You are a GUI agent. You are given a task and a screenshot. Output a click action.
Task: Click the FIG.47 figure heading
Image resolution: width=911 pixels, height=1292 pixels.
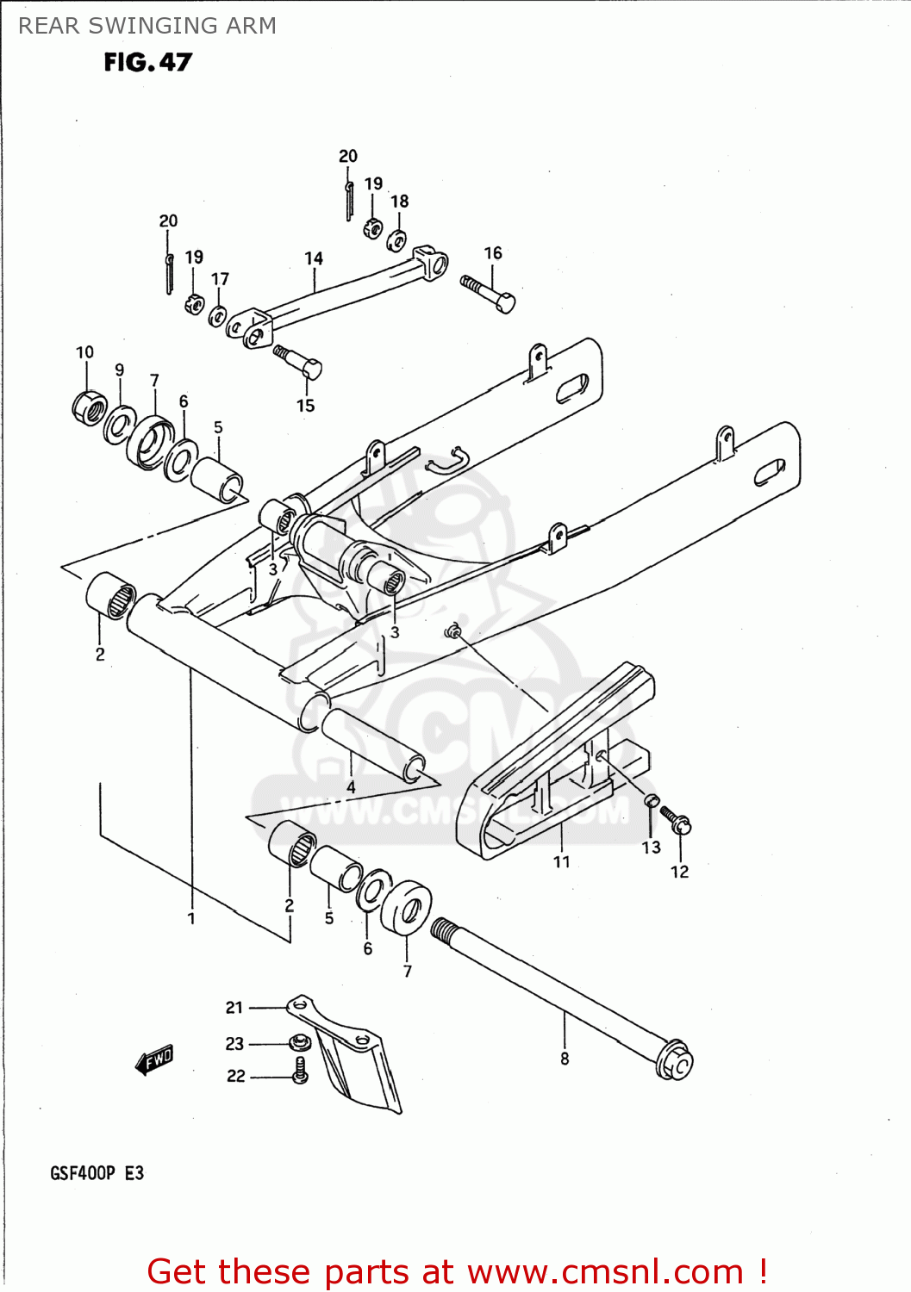pos(147,62)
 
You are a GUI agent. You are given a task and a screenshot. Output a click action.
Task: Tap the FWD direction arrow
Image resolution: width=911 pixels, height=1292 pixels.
pos(155,1059)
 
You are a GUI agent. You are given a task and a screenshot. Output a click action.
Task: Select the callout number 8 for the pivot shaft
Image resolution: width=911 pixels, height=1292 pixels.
pos(565,1059)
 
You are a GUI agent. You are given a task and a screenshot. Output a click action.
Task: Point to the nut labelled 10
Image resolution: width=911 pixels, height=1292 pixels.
pos(89,407)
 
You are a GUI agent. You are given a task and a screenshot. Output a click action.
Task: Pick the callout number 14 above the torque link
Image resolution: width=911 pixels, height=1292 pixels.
pos(314,258)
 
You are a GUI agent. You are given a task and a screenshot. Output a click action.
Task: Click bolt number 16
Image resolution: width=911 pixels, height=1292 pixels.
pos(489,293)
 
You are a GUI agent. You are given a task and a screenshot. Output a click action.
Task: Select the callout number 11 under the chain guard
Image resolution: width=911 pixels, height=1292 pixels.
pos(561,861)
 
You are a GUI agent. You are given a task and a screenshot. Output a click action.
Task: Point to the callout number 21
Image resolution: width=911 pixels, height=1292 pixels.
pos(234,1007)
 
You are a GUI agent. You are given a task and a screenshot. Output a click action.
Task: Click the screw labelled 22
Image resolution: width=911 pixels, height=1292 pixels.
pos(300,1071)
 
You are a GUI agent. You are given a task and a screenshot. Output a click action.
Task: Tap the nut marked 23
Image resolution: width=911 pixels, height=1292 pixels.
pos(299,1043)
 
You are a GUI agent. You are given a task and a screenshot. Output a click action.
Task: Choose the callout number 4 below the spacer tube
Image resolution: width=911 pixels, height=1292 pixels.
pos(351,787)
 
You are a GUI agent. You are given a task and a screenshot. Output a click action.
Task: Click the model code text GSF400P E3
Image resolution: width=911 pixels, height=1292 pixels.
pos(97,1173)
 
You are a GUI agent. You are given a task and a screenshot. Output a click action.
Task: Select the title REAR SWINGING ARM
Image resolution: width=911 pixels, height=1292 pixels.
pos(147,26)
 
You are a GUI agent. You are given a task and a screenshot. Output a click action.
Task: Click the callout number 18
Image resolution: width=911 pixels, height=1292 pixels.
pos(400,202)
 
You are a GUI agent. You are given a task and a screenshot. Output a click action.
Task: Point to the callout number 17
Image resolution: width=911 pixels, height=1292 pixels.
pos(221,279)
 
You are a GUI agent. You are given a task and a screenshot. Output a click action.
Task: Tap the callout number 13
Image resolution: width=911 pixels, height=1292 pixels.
pos(651,848)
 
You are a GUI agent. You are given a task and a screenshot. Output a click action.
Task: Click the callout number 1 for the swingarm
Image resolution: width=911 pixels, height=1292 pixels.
pos(191,918)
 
